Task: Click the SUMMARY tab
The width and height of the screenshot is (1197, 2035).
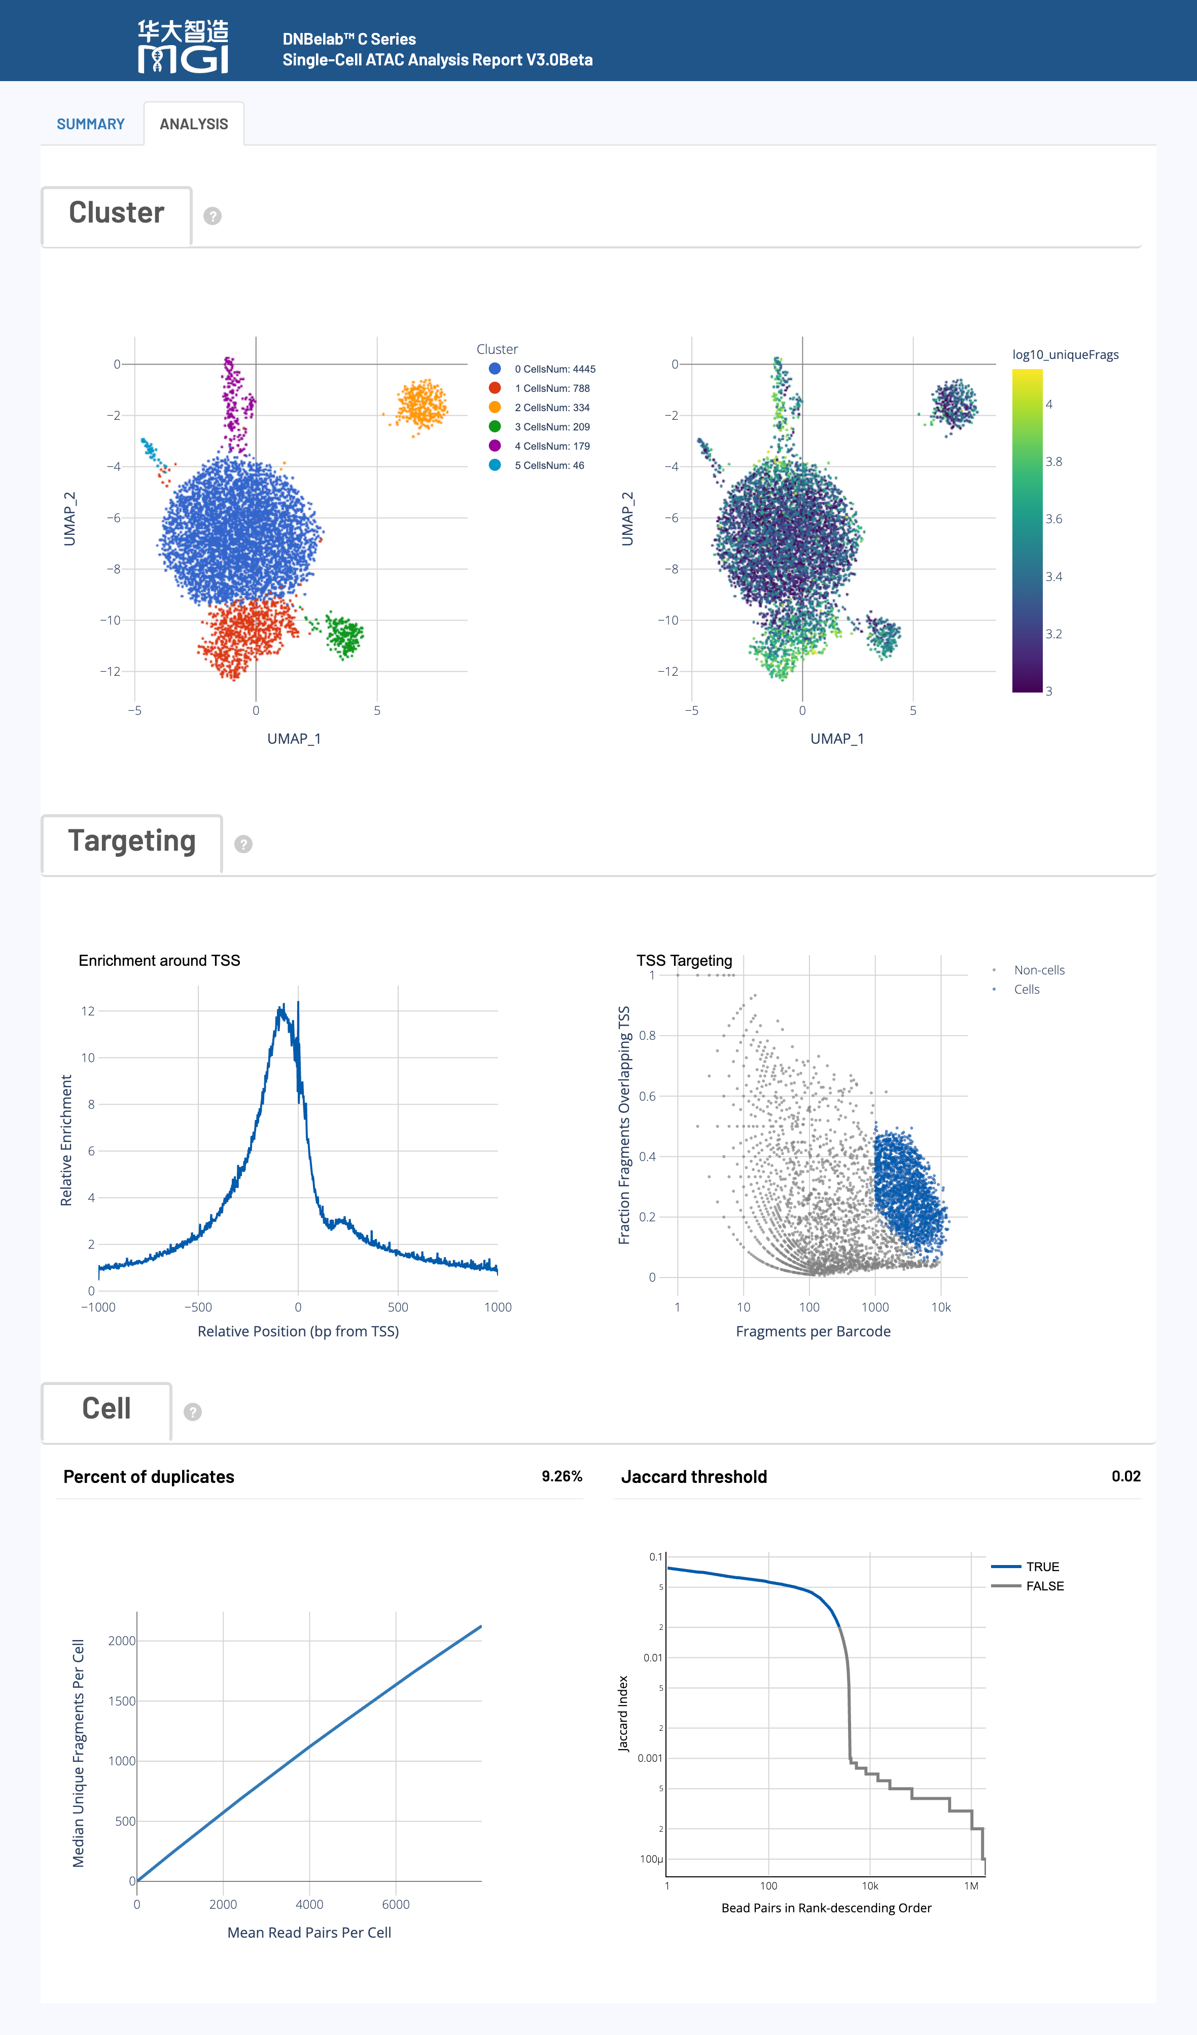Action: pyautogui.click(x=90, y=124)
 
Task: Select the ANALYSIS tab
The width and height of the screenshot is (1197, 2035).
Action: pyautogui.click(x=194, y=124)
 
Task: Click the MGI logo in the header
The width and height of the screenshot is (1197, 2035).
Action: pyautogui.click(x=183, y=47)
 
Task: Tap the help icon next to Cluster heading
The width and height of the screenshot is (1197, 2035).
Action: pyautogui.click(x=213, y=215)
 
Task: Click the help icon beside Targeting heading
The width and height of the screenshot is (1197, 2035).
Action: pyautogui.click(x=243, y=844)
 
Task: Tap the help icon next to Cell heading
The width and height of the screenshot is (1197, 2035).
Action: pyautogui.click(x=192, y=1411)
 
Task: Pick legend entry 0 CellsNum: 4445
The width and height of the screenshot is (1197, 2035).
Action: pyautogui.click(x=554, y=369)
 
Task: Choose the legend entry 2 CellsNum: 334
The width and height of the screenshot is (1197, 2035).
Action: pyautogui.click(x=552, y=408)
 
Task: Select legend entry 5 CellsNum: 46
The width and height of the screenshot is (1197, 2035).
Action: pyautogui.click(x=549, y=465)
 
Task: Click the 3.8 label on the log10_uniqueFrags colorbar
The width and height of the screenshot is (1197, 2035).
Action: pyautogui.click(x=1054, y=462)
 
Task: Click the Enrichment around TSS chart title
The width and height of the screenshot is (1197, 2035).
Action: pyautogui.click(x=159, y=960)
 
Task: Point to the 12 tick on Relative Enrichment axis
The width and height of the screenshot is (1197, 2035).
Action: pyautogui.click(x=88, y=1011)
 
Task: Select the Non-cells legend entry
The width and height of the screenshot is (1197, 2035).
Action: pyautogui.click(x=1039, y=970)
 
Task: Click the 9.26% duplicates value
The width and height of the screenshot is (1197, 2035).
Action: pyautogui.click(x=561, y=1476)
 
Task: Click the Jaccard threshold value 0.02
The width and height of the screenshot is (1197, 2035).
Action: pyautogui.click(x=1125, y=1476)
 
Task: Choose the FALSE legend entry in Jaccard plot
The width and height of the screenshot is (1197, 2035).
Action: pyautogui.click(x=1044, y=1586)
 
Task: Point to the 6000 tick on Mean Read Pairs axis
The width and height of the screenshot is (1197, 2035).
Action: pyautogui.click(x=396, y=1904)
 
